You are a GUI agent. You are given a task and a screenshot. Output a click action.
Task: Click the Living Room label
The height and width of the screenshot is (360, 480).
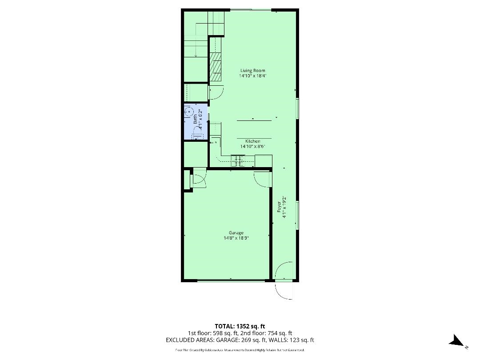tap(253, 71)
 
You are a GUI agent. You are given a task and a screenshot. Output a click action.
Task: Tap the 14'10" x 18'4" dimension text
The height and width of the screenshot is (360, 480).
tap(253, 76)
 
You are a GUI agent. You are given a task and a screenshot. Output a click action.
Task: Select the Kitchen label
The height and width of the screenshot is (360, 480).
tap(253, 141)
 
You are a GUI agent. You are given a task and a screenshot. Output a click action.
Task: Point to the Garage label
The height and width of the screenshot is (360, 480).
tap(236, 233)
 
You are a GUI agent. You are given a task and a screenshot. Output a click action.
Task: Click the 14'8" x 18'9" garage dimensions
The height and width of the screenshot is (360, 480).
tap(236, 238)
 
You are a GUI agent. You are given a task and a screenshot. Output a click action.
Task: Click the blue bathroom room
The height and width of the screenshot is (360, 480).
tap(196, 121)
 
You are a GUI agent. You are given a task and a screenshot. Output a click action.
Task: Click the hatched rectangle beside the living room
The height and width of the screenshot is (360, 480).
tap(215, 67)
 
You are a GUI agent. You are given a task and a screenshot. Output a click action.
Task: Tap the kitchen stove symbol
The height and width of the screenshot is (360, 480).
tap(238, 160)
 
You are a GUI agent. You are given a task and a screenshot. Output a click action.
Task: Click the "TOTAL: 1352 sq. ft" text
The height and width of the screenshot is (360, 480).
tap(240, 326)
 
